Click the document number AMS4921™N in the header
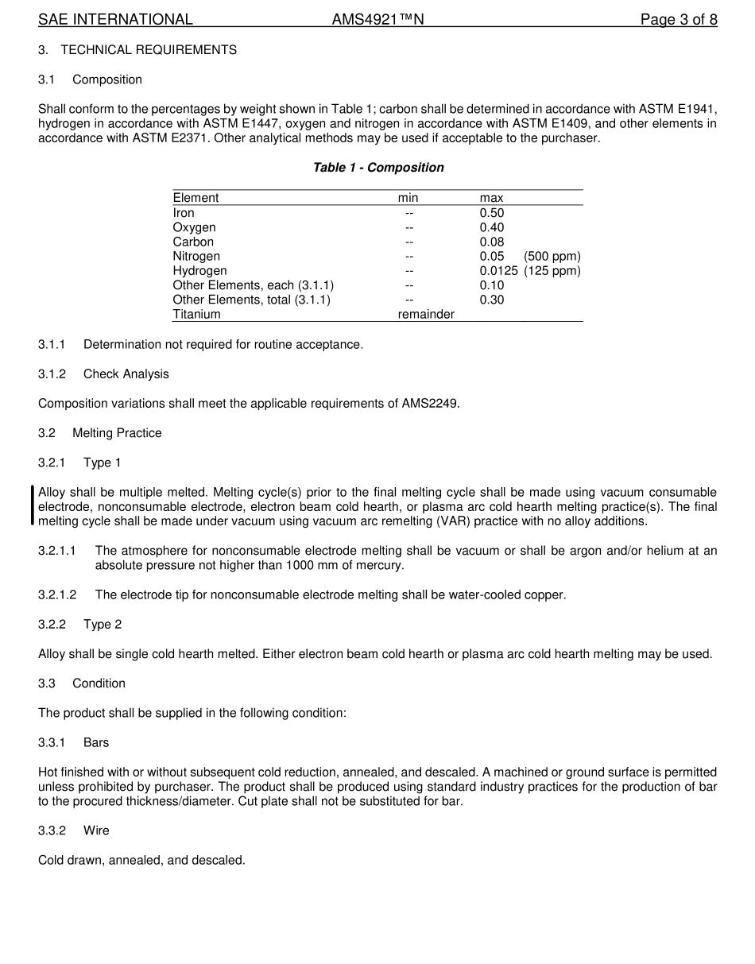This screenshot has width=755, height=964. click(x=377, y=20)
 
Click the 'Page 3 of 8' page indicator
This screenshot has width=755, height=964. click(x=679, y=20)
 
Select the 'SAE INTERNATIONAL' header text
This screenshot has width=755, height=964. click(x=115, y=20)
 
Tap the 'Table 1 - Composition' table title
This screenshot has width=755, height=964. click(x=378, y=168)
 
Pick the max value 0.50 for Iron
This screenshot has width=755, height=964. click(x=491, y=213)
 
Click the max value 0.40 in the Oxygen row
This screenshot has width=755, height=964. click(x=491, y=227)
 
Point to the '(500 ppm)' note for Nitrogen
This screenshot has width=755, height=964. click(x=552, y=257)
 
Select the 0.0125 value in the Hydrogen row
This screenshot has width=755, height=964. click(x=498, y=271)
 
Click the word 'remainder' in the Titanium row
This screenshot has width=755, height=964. click(x=426, y=315)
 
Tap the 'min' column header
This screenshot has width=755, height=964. click(x=408, y=198)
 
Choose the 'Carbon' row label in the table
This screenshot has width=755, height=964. click(x=193, y=242)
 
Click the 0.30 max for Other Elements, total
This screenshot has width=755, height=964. click(x=491, y=300)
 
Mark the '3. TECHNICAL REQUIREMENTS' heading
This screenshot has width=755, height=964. click(x=137, y=50)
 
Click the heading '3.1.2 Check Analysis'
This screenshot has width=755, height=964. click(x=103, y=374)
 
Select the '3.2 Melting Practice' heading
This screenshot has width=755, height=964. click(x=100, y=433)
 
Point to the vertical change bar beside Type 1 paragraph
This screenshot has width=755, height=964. click(x=33, y=506)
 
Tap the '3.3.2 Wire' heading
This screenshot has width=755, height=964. click(x=74, y=830)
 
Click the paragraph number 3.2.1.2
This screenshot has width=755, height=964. click(x=57, y=595)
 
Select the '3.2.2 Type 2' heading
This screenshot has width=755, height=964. click(x=80, y=625)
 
